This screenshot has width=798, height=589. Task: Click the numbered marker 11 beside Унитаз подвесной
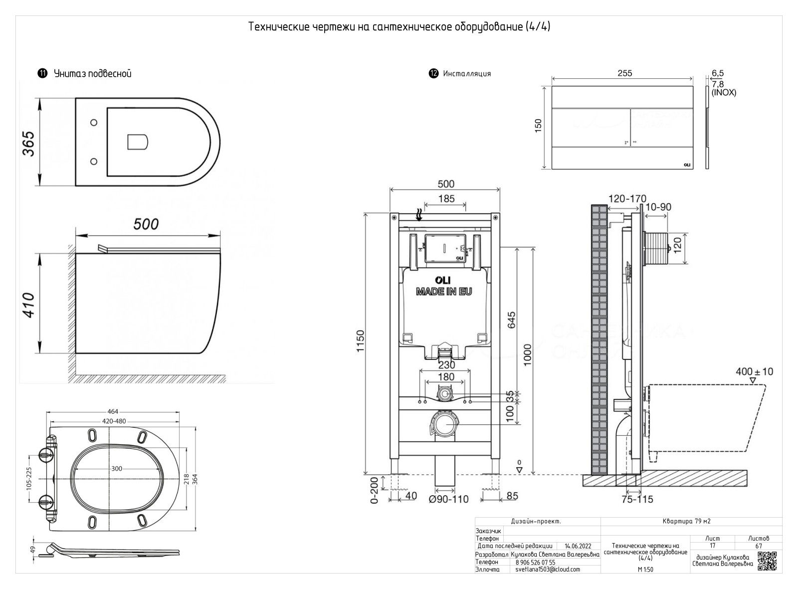[42, 73]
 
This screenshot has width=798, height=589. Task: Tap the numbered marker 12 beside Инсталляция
[433, 73]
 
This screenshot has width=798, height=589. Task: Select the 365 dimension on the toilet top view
[29, 143]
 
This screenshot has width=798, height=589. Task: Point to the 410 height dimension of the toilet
[29, 305]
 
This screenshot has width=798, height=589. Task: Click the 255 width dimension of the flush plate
[624, 73]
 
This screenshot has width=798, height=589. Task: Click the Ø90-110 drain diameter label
[449, 498]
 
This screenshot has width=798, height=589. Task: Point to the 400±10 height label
[754, 371]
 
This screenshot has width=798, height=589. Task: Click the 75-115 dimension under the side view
[637, 499]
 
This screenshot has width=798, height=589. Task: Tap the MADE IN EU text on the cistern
[444, 292]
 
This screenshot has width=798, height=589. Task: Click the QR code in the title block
[767, 561]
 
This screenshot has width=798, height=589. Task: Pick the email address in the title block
[548, 569]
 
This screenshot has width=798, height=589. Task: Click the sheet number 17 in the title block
[712, 546]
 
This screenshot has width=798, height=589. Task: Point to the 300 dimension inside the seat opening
[116, 469]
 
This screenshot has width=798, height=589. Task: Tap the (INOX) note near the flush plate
[724, 92]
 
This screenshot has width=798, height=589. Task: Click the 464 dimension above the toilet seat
[113, 412]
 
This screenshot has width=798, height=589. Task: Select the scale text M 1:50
[645, 570]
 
